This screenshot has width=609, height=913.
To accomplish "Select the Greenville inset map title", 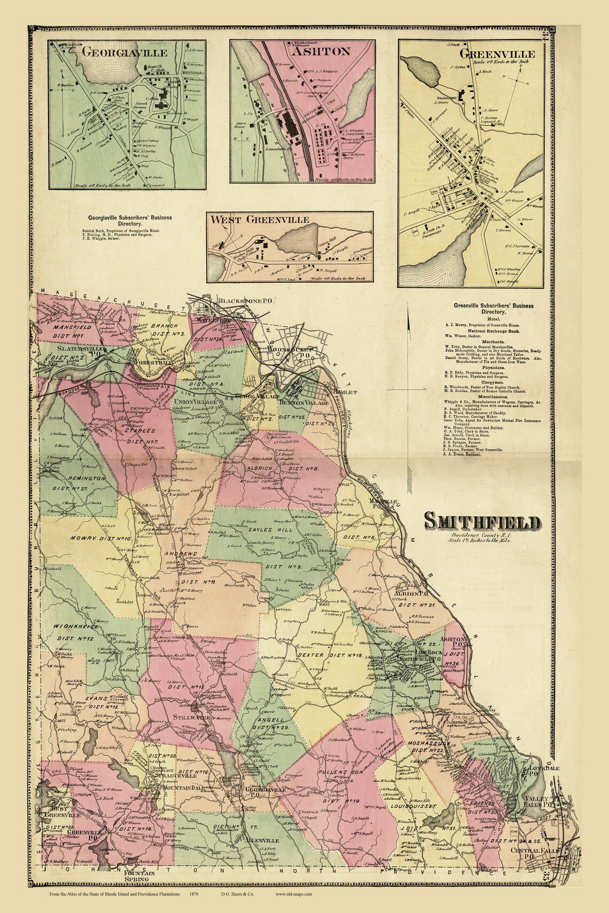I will pyautogui.click(x=497, y=53).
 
